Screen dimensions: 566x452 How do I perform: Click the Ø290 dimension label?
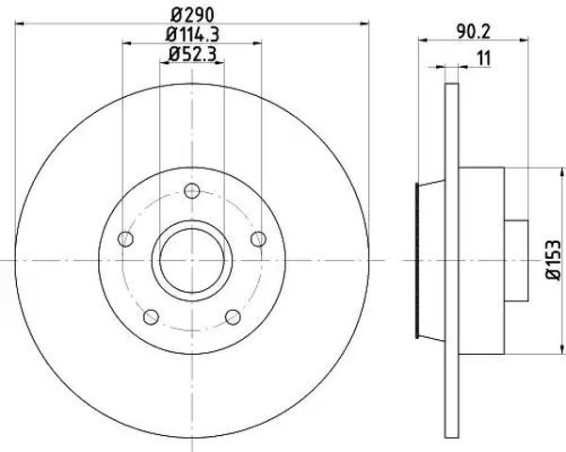[x=192, y=15]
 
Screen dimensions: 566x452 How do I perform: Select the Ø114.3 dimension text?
[x=192, y=35]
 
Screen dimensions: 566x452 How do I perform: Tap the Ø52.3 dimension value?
[x=192, y=55]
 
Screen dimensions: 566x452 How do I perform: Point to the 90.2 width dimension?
[x=473, y=32]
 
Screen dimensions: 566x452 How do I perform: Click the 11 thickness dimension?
[x=484, y=58]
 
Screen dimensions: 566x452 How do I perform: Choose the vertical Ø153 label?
[x=554, y=260]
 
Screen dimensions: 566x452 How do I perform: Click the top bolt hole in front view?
[x=192, y=190]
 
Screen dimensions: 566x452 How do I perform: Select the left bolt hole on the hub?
[x=125, y=238]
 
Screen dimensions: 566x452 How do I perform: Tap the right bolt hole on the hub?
[x=258, y=238]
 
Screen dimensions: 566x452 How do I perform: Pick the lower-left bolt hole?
[x=151, y=316]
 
